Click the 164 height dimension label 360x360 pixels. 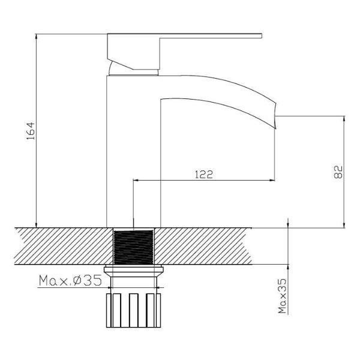[31, 131]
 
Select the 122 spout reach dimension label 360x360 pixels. [204, 175]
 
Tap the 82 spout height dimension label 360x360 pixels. [338, 172]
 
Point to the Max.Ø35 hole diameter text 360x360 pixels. [70, 280]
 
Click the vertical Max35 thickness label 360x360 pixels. [283, 296]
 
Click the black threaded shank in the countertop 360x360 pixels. [133, 247]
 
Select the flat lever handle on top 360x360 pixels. [184, 35]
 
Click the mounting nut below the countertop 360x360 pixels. [134, 271]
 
